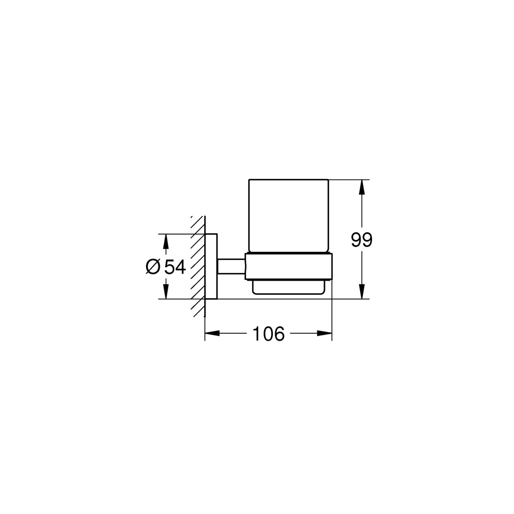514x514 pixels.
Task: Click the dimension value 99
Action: (362, 240)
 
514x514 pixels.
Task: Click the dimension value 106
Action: (269, 334)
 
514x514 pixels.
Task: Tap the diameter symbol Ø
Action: (153, 267)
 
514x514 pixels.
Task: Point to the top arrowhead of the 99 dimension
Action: (362, 185)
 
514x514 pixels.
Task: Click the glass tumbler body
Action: (288, 214)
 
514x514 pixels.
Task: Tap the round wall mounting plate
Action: (212, 266)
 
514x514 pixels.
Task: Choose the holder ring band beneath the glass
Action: (288, 266)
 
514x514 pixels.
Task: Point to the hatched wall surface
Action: (197, 266)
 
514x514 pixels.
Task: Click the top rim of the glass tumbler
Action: (288, 179)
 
